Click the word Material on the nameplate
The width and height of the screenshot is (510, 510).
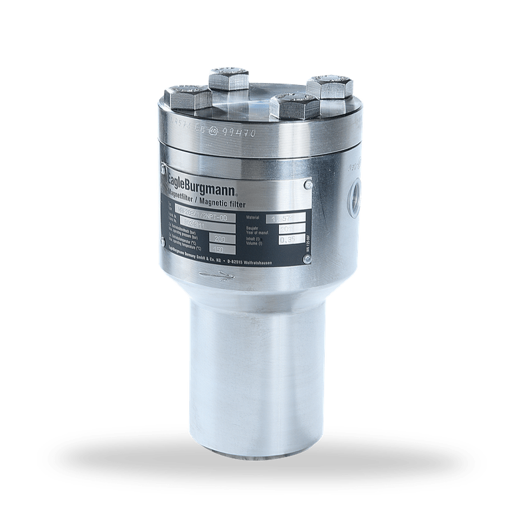(254, 216)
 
